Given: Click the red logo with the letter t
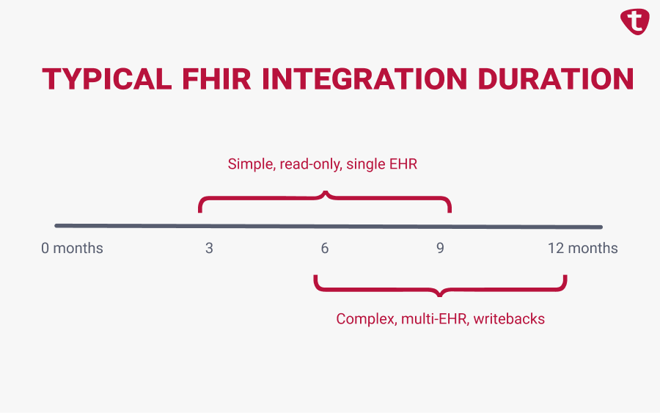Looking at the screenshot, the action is point(635,21).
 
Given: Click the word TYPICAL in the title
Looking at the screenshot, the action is point(107,78).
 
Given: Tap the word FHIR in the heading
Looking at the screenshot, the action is point(216,78).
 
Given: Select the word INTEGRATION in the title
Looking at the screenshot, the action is point(364,78).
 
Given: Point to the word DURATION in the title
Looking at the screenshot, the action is point(556,78).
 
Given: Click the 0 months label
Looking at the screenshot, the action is point(72,248).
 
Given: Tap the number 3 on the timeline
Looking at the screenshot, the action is point(209,248).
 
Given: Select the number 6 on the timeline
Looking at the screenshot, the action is point(325,248).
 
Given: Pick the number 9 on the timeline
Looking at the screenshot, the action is point(440,248).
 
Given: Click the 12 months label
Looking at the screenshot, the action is point(582,248).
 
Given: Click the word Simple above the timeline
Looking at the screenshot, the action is point(252,164).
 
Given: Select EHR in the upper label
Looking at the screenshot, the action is point(403,164).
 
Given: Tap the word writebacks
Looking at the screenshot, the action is point(509,318).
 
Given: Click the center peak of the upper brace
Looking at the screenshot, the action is point(325,192).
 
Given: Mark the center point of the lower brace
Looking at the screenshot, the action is point(440,295).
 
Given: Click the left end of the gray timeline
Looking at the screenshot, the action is point(56,226).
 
